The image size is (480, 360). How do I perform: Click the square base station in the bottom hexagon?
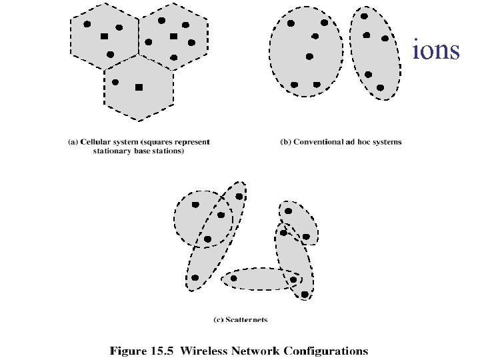pos(139,87)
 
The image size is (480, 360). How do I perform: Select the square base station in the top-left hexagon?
pos(104,36)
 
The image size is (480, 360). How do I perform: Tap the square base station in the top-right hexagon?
pos(173,36)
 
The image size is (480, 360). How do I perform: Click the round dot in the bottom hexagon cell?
pos(115,82)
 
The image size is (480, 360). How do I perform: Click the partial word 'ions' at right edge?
pos(436,51)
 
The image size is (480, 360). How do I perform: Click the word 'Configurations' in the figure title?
pos(327,350)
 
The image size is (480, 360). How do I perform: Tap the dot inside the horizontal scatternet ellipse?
pos(233,278)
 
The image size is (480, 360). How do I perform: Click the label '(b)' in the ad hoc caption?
pos(285,142)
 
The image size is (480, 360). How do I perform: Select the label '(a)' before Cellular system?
pos(73,142)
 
